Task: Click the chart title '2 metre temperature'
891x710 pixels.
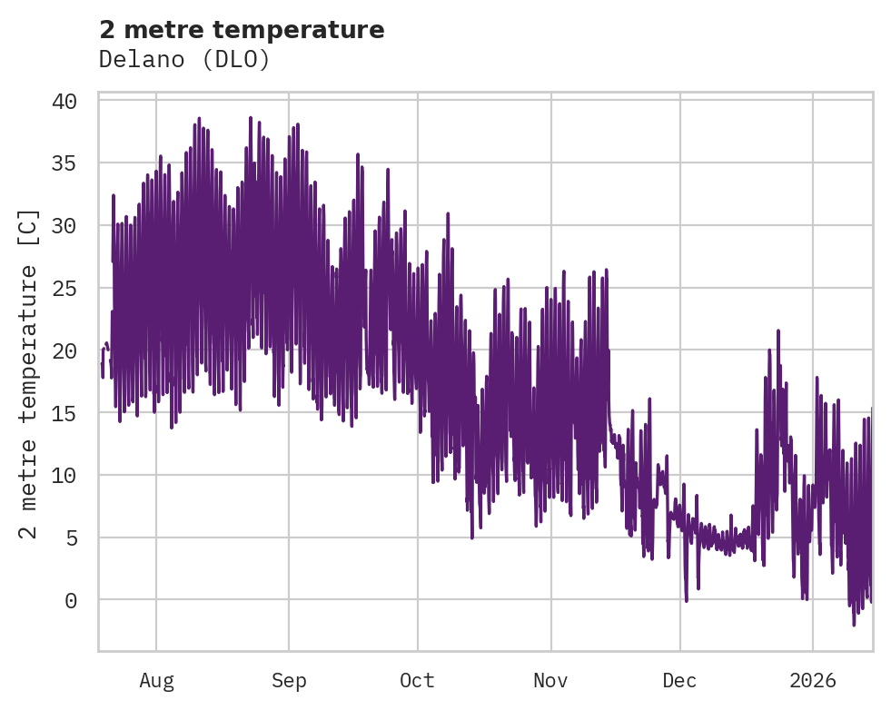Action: click(x=242, y=30)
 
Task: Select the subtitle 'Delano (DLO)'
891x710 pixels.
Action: click(x=184, y=59)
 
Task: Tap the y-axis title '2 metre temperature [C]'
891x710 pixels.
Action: click(x=29, y=374)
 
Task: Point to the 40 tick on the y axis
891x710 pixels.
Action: click(x=64, y=101)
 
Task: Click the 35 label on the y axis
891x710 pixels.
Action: click(x=64, y=163)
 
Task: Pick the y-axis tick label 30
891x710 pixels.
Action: click(x=64, y=226)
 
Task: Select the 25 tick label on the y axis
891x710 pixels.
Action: click(x=64, y=289)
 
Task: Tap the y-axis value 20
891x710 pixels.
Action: click(x=64, y=350)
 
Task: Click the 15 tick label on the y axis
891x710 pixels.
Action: click(x=64, y=413)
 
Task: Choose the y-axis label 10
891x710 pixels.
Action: click(x=64, y=476)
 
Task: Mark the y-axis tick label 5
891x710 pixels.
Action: click(x=70, y=538)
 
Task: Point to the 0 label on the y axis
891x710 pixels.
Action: click(x=70, y=600)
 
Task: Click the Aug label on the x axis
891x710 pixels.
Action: click(x=156, y=680)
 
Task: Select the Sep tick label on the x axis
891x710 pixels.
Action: click(x=289, y=680)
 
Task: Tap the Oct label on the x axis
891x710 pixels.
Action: click(x=418, y=680)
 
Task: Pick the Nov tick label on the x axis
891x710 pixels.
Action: click(x=550, y=680)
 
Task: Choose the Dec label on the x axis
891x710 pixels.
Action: click(x=680, y=680)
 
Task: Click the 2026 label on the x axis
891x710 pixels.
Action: click(x=813, y=680)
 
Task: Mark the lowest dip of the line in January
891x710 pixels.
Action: click(x=854, y=625)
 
